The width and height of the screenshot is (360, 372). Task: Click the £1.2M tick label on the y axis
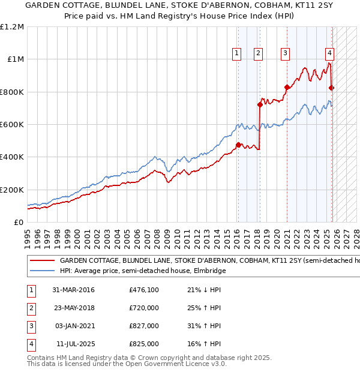point(12,27)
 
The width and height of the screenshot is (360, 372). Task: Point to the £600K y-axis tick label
point(12,125)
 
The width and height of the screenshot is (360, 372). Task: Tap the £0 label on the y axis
point(18,223)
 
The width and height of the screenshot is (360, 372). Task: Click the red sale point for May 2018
point(260,104)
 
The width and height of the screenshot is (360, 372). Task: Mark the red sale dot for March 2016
point(238,145)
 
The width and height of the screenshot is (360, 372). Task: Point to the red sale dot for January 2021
point(286,88)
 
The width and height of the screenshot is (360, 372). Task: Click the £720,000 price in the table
point(144,308)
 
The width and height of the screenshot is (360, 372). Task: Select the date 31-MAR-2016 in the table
point(73,290)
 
